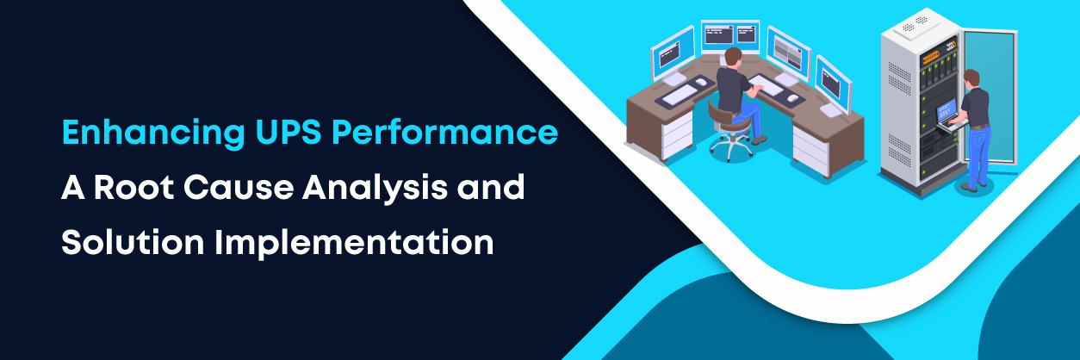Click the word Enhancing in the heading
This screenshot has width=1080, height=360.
click(x=153, y=133)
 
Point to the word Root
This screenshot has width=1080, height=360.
click(x=133, y=188)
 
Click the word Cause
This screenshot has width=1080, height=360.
click(x=239, y=188)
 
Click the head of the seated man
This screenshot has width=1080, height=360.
click(x=733, y=57)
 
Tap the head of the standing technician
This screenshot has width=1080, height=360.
click(x=971, y=78)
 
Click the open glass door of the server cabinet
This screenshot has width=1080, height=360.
click(x=990, y=96)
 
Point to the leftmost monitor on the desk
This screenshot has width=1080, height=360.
click(x=673, y=53)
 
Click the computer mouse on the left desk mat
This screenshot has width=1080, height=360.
click(x=700, y=83)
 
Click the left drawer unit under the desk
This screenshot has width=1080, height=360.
click(x=677, y=136)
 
